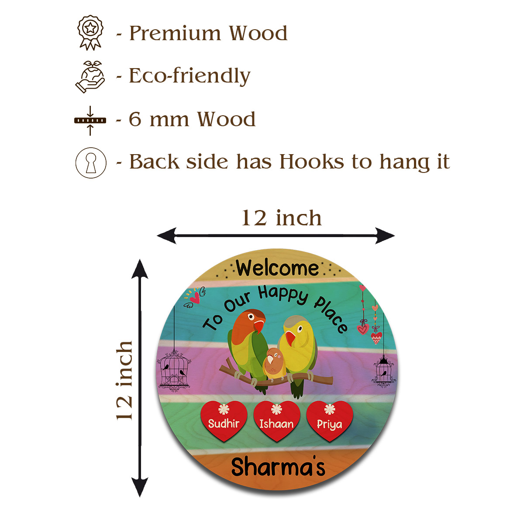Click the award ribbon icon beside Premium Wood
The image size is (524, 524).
(x=90, y=32)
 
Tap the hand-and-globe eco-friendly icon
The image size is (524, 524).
(x=90, y=76)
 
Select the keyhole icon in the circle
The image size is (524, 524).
(x=91, y=162)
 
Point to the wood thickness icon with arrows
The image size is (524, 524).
(x=90, y=120)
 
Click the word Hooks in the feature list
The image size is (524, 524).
(x=312, y=162)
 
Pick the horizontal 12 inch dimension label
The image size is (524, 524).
(x=282, y=218)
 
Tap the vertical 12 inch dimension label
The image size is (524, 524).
(x=125, y=380)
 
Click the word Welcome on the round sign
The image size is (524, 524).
(x=278, y=268)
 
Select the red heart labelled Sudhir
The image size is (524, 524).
(x=224, y=420)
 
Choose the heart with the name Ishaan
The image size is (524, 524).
(x=276, y=421)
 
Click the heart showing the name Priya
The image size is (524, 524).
(x=330, y=421)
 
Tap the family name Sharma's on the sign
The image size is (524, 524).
(x=278, y=467)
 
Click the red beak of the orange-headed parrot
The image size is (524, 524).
(x=259, y=325)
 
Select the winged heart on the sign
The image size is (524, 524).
(x=194, y=297)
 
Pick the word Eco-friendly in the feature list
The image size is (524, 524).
(x=190, y=76)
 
